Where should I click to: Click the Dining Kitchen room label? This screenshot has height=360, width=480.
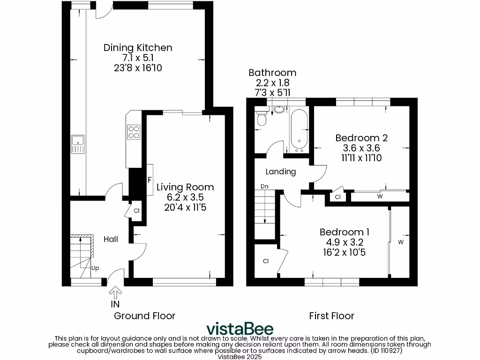[x=138, y=47]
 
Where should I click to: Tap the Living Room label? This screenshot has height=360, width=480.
[x=185, y=187]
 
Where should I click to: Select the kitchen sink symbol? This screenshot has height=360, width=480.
[x=77, y=144]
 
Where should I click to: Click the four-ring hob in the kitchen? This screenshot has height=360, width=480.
[x=134, y=132]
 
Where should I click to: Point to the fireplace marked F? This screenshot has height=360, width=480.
[x=150, y=180]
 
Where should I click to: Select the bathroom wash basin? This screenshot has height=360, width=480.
[x=279, y=110]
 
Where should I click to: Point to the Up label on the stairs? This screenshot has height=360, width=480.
[x=95, y=268]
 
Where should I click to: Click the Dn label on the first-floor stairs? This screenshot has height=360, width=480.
[x=264, y=186]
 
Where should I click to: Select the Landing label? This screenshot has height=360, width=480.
[x=281, y=172]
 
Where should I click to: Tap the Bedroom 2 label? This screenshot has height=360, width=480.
[x=361, y=138]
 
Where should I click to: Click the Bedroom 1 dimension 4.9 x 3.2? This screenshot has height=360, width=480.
[x=345, y=242]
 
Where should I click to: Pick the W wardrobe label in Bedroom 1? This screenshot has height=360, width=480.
[x=401, y=242]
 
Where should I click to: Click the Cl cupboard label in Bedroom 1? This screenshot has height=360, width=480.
[x=265, y=261]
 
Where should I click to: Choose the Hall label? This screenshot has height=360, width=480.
[x=111, y=239]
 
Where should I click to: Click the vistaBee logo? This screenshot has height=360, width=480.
[x=240, y=329]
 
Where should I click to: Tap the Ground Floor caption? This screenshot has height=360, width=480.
[x=145, y=316]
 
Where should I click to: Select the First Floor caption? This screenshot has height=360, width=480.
[x=332, y=316]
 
